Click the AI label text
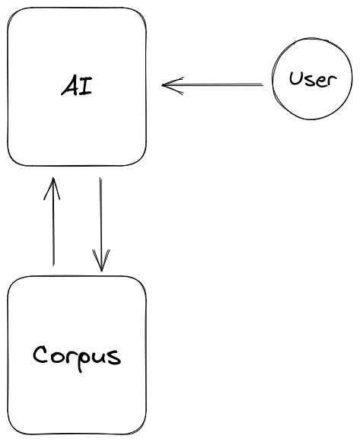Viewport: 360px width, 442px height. [x=77, y=85]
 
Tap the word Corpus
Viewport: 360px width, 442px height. [x=77, y=358]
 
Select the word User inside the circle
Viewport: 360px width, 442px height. [x=313, y=78]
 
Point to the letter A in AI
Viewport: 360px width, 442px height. [x=69, y=85]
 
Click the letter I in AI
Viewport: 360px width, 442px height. [x=86, y=85]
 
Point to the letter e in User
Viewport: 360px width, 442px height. [x=320, y=81]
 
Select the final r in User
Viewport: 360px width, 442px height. [x=332, y=81]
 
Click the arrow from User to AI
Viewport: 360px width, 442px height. [x=212, y=85]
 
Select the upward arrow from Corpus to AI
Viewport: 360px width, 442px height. [x=53, y=221]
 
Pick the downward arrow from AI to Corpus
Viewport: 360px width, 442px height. [x=100, y=224]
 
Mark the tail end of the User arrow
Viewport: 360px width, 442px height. [x=263, y=84]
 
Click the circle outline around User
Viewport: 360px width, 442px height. [x=272, y=79]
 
